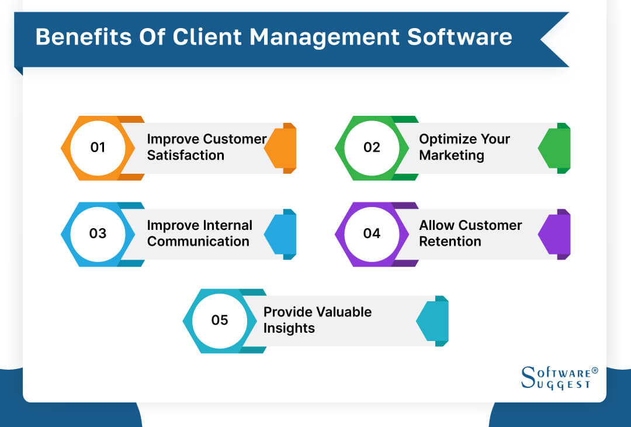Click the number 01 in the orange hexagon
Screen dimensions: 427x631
(98, 147)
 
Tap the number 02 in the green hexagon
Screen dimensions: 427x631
(372, 147)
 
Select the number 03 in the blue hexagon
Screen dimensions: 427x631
(98, 233)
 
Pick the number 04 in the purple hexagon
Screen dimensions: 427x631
(372, 233)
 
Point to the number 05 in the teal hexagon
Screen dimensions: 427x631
(220, 320)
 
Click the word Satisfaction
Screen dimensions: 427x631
(185, 156)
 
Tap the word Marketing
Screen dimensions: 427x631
(452, 156)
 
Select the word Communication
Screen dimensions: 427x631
(198, 242)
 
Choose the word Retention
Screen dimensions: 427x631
(450, 242)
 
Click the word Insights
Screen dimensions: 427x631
(289, 328)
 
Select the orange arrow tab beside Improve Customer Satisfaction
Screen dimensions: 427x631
(282, 148)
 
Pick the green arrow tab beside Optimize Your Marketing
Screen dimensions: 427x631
(555, 148)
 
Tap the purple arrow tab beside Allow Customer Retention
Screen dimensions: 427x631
(555, 234)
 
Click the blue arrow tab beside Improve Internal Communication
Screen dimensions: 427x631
(282, 234)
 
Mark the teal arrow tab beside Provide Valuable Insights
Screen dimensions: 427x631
(434, 321)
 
